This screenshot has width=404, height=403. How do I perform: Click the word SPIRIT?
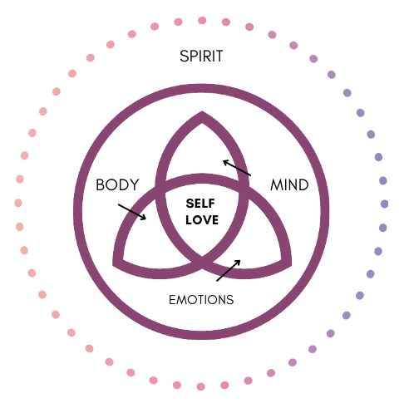click(x=201, y=57)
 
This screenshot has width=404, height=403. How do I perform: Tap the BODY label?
click(x=117, y=184)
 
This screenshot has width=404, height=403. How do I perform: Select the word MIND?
click(x=289, y=184)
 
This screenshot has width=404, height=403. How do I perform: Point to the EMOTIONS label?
click(x=201, y=300)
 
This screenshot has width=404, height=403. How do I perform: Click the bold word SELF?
click(x=200, y=204)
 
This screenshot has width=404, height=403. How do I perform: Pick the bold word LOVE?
click(x=202, y=220)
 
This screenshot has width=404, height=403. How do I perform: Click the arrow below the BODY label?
click(x=132, y=212)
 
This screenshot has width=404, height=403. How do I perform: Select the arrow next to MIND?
click(x=237, y=168)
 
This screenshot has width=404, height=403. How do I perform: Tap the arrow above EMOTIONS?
click(x=229, y=270)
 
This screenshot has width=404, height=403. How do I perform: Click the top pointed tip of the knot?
click(x=202, y=113)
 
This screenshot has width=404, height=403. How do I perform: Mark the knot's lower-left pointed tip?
click(x=113, y=264)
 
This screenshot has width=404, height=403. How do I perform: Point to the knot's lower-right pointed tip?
click(x=291, y=264)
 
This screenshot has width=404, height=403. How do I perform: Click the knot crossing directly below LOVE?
click(x=202, y=262)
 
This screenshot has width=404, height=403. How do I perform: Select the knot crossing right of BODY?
click(x=160, y=188)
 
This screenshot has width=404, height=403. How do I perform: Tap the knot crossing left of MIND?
click(x=244, y=188)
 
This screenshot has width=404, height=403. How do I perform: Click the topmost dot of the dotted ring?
click(x=202, y=20)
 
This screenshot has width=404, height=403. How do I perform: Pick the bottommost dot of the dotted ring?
click(x=200, y=386)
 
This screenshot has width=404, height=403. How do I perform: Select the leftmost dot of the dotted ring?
click(x=18, y=203)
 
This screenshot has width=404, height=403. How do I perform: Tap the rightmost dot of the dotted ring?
click(x=384, y=204)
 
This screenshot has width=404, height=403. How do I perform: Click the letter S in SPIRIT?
click(x=184, y=57)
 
